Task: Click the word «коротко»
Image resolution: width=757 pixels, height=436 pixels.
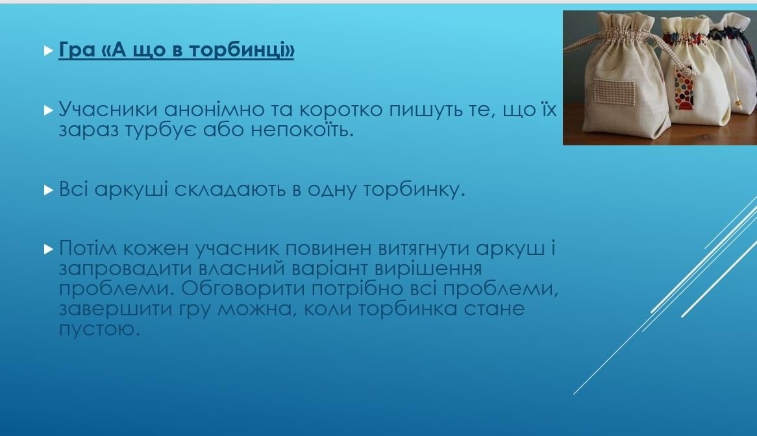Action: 341,110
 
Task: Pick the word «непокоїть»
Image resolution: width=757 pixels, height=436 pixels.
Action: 302,129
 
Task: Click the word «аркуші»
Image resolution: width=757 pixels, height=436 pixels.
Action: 131,189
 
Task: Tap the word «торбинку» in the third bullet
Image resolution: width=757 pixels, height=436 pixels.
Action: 414,189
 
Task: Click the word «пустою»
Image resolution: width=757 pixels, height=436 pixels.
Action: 99,329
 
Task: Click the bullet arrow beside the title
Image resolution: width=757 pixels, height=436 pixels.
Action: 48,50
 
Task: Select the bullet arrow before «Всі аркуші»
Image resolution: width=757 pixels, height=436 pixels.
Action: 48,190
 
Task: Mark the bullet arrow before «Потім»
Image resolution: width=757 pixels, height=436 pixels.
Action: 48,249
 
